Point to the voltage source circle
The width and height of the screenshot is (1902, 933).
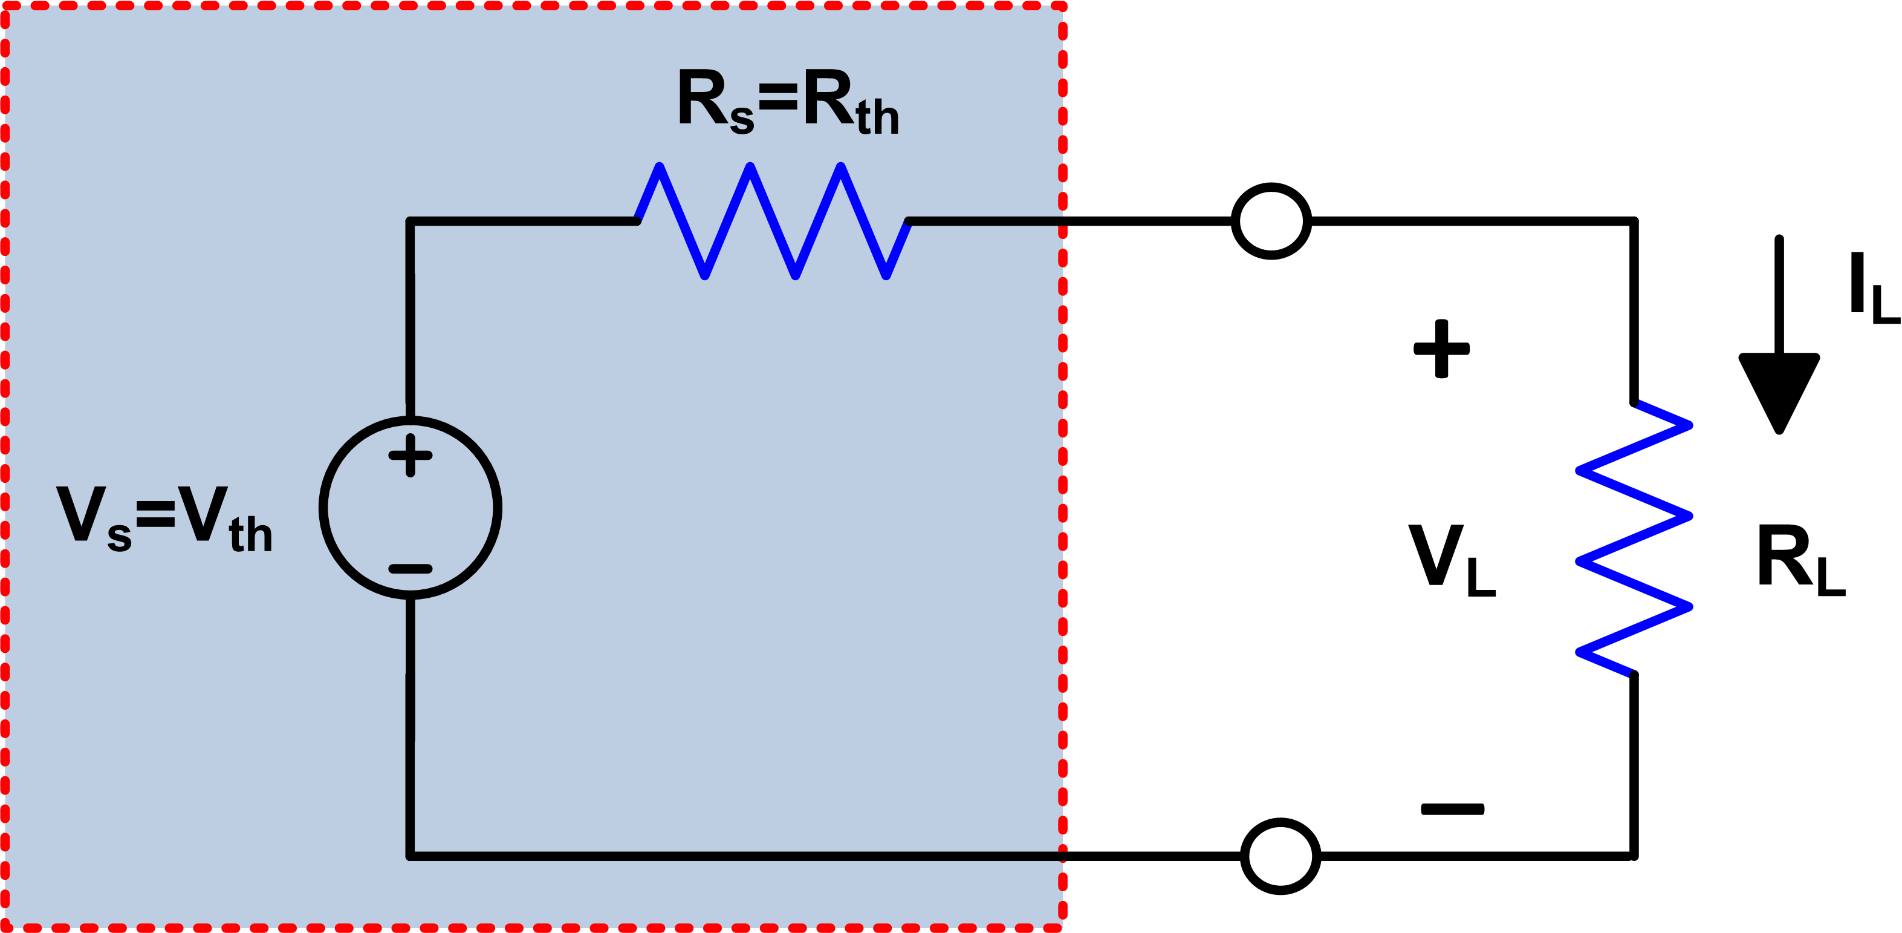(411, 508)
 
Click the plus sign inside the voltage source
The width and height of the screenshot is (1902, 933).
(411, 455)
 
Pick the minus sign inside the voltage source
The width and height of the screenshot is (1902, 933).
(411, 569)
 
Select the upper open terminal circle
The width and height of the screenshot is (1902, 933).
(1271, 221)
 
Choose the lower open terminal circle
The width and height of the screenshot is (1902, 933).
(1280, 856)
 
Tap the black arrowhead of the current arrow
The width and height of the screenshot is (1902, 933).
(1779, 391)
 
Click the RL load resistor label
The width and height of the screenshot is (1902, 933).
(1800, 559)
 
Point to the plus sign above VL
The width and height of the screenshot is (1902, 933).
(1441, 349)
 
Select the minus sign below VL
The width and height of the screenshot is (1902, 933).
(1452, 810)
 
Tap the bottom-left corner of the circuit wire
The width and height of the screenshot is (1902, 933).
(411, 856)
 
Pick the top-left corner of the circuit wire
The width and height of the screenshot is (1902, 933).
(411, 221)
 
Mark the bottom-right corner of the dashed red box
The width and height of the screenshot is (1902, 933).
(1062, 926)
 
